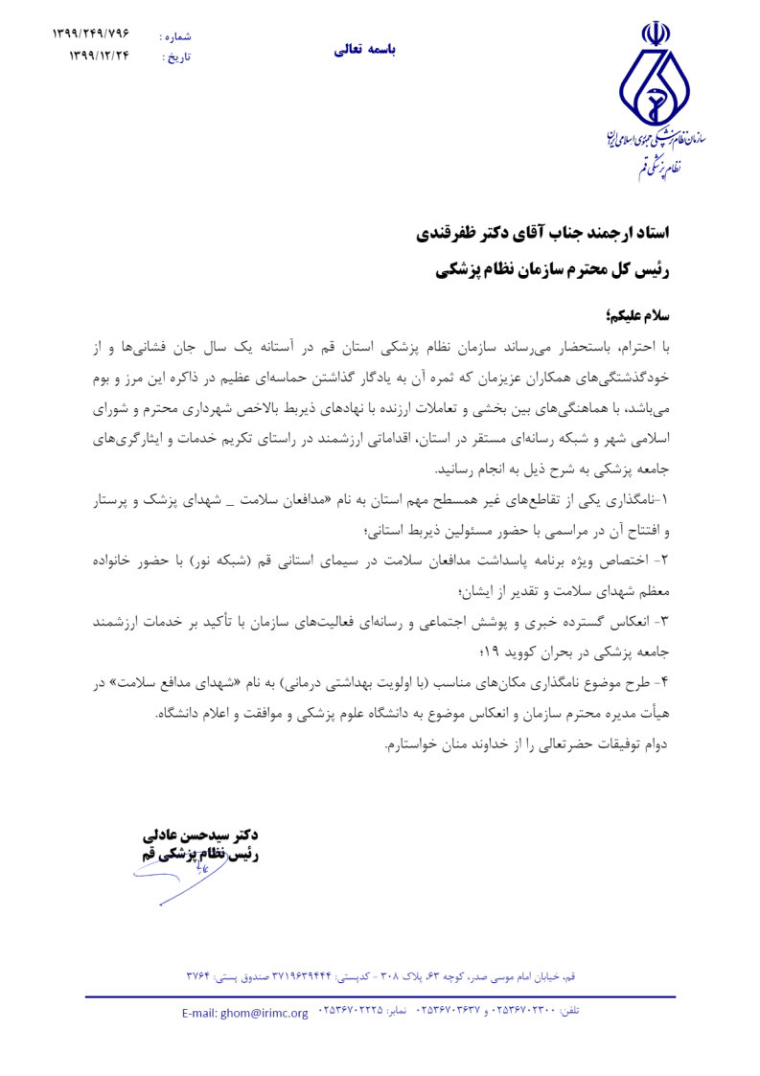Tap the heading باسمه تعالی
[364, 50]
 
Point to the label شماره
[177, 36]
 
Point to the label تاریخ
[177, 57]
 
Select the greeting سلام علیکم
[633, 315]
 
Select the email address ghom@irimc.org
[245, 1013]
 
